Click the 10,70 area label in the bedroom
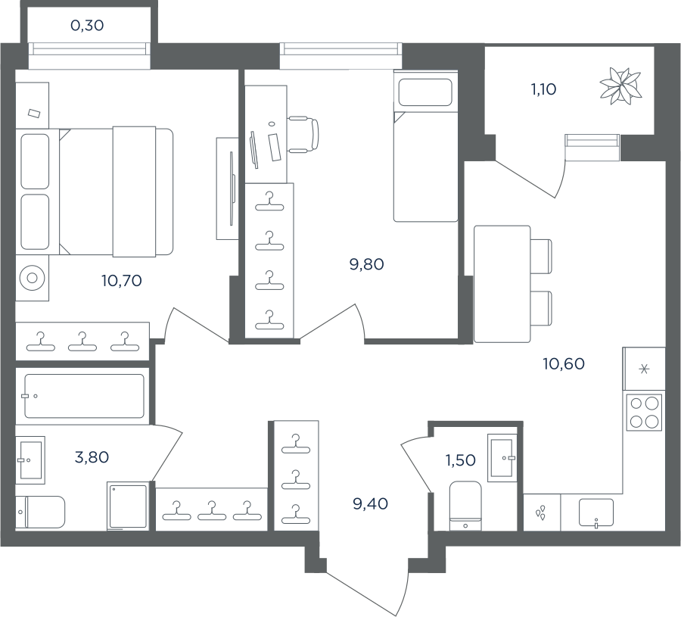122,281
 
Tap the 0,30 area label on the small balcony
87,26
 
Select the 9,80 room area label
366,264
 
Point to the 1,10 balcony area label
543,89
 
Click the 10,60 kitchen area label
564,363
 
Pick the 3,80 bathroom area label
92,457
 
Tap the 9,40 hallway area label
370,504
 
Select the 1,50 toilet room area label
460,460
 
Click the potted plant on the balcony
620,86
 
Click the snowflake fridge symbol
645,369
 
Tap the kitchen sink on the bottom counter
596,513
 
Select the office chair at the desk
303,135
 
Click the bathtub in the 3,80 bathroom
84,396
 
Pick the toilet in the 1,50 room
465,505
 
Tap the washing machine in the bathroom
128,506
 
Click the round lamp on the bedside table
32,277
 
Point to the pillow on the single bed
425,92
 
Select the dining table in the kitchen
502,284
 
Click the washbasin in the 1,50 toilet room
502,457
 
